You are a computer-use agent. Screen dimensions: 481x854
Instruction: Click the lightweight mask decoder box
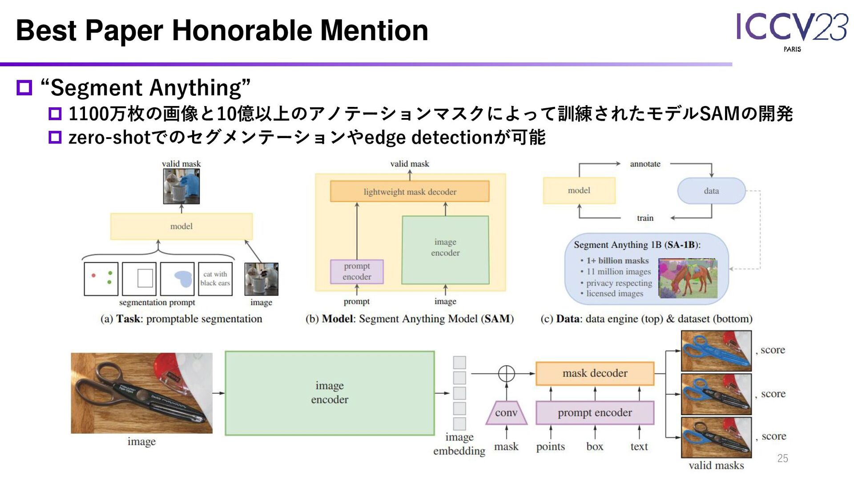coord(410,192)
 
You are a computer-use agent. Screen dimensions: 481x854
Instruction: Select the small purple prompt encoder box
coord(357,271)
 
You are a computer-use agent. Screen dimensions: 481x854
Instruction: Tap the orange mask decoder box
coord(595,373)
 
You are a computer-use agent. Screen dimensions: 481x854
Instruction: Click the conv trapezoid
coord(506,413)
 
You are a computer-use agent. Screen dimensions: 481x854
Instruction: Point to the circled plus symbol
coord(506,374)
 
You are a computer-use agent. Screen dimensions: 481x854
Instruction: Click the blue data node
coord(711,191)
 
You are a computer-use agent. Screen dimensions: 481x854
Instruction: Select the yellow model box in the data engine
coord(579,191)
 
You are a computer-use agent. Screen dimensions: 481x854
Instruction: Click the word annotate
coord(645,164)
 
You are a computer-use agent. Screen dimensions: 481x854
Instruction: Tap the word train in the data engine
coord(645,218)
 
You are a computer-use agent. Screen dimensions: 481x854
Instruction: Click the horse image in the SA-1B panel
coord(688,278)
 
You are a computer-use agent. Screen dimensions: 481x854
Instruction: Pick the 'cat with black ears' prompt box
coord(215,279)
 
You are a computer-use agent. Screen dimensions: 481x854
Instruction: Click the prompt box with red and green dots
coord(101,279)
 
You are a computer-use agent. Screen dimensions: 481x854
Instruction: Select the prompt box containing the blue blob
coord(177,279)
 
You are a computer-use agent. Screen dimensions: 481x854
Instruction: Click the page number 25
coord(782,458)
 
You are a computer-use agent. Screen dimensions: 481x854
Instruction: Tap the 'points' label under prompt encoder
coord(550,446)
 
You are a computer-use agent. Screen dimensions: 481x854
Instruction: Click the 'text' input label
coord(639,446)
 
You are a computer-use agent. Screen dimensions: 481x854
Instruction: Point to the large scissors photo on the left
coord(141,393)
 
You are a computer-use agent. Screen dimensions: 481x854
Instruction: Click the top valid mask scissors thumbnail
coord(716,351)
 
